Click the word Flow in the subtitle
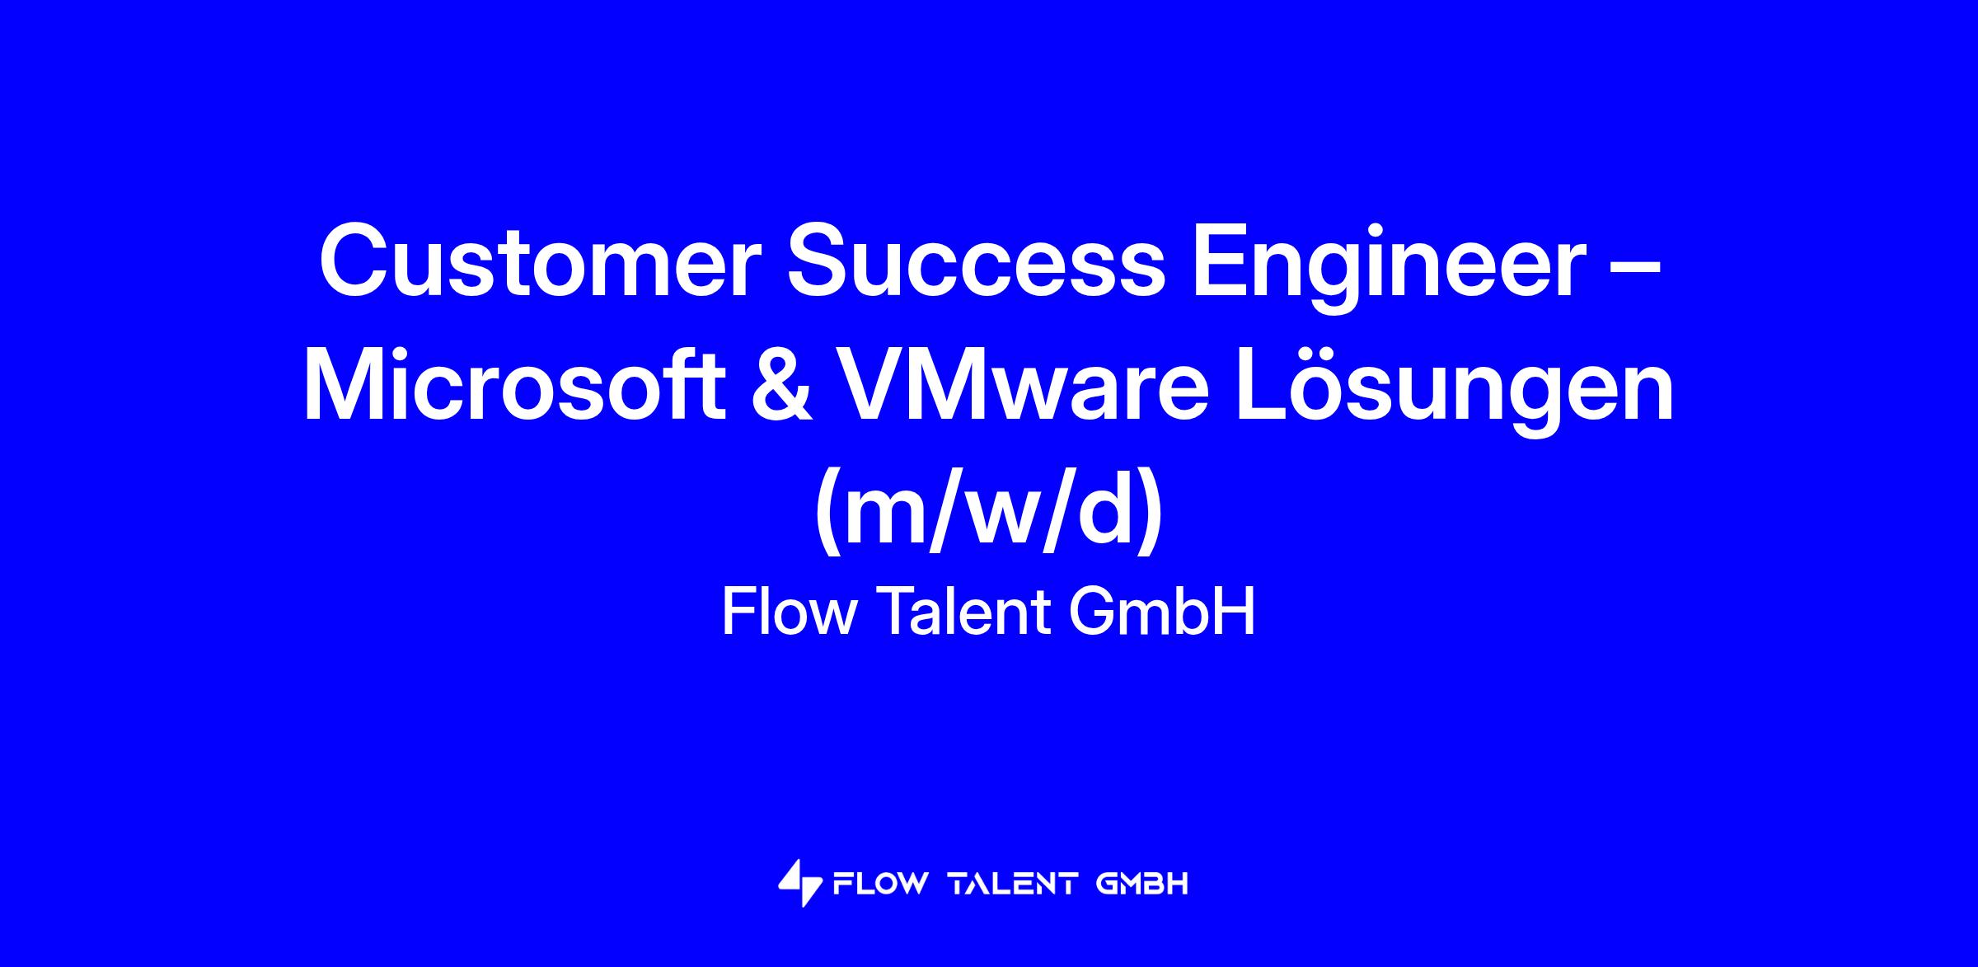pyautogui.click(x=787, y=613)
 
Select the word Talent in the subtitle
pyautogui.click(x=960, y=613)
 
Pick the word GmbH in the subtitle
pyautogui.click(x=1162, y=613)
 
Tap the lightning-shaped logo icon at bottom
pyautogui.click(x=800, y=884)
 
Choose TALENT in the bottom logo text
pyautogui.click(x=1013, y=885)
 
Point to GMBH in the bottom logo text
pyautogui.click(x=1142, y=885)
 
